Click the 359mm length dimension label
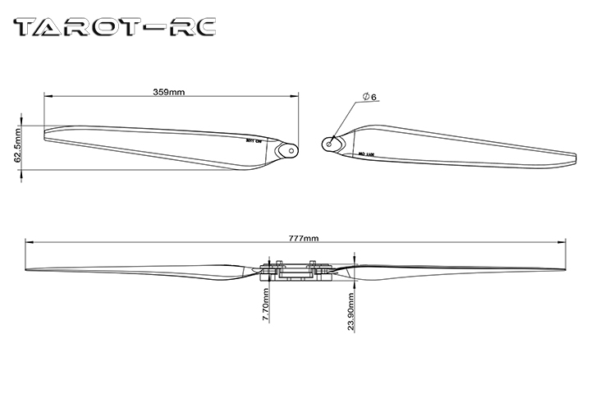(x=169, y=91)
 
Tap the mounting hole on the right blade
(x=330, y=143)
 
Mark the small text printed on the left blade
(x=254, y=140)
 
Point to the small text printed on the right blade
(x=366, y=153)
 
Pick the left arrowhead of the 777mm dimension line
(x=30, y=241)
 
